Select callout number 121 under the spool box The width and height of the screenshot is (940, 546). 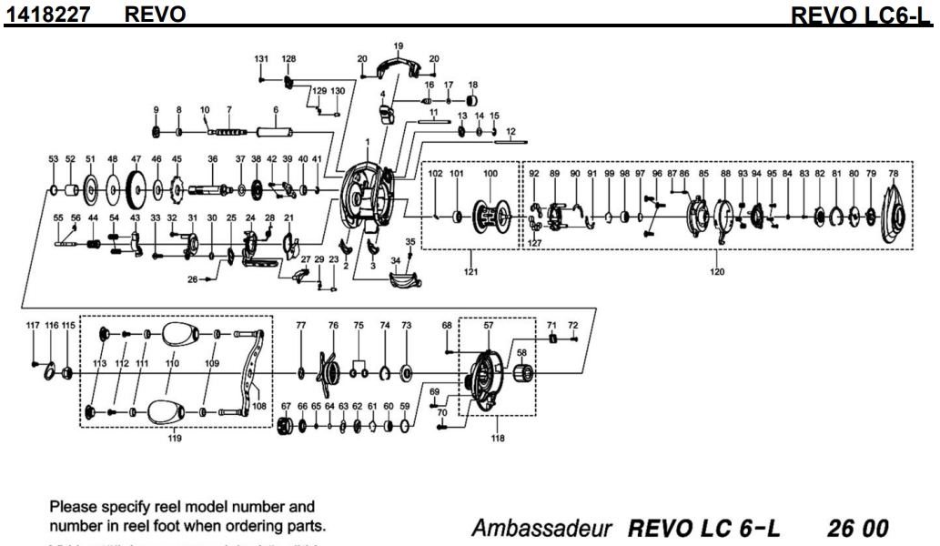point(470,270)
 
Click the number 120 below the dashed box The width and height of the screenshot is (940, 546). point(717,270)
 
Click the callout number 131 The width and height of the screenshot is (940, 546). point(262,58)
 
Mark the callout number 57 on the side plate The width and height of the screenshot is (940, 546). point(488,325)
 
